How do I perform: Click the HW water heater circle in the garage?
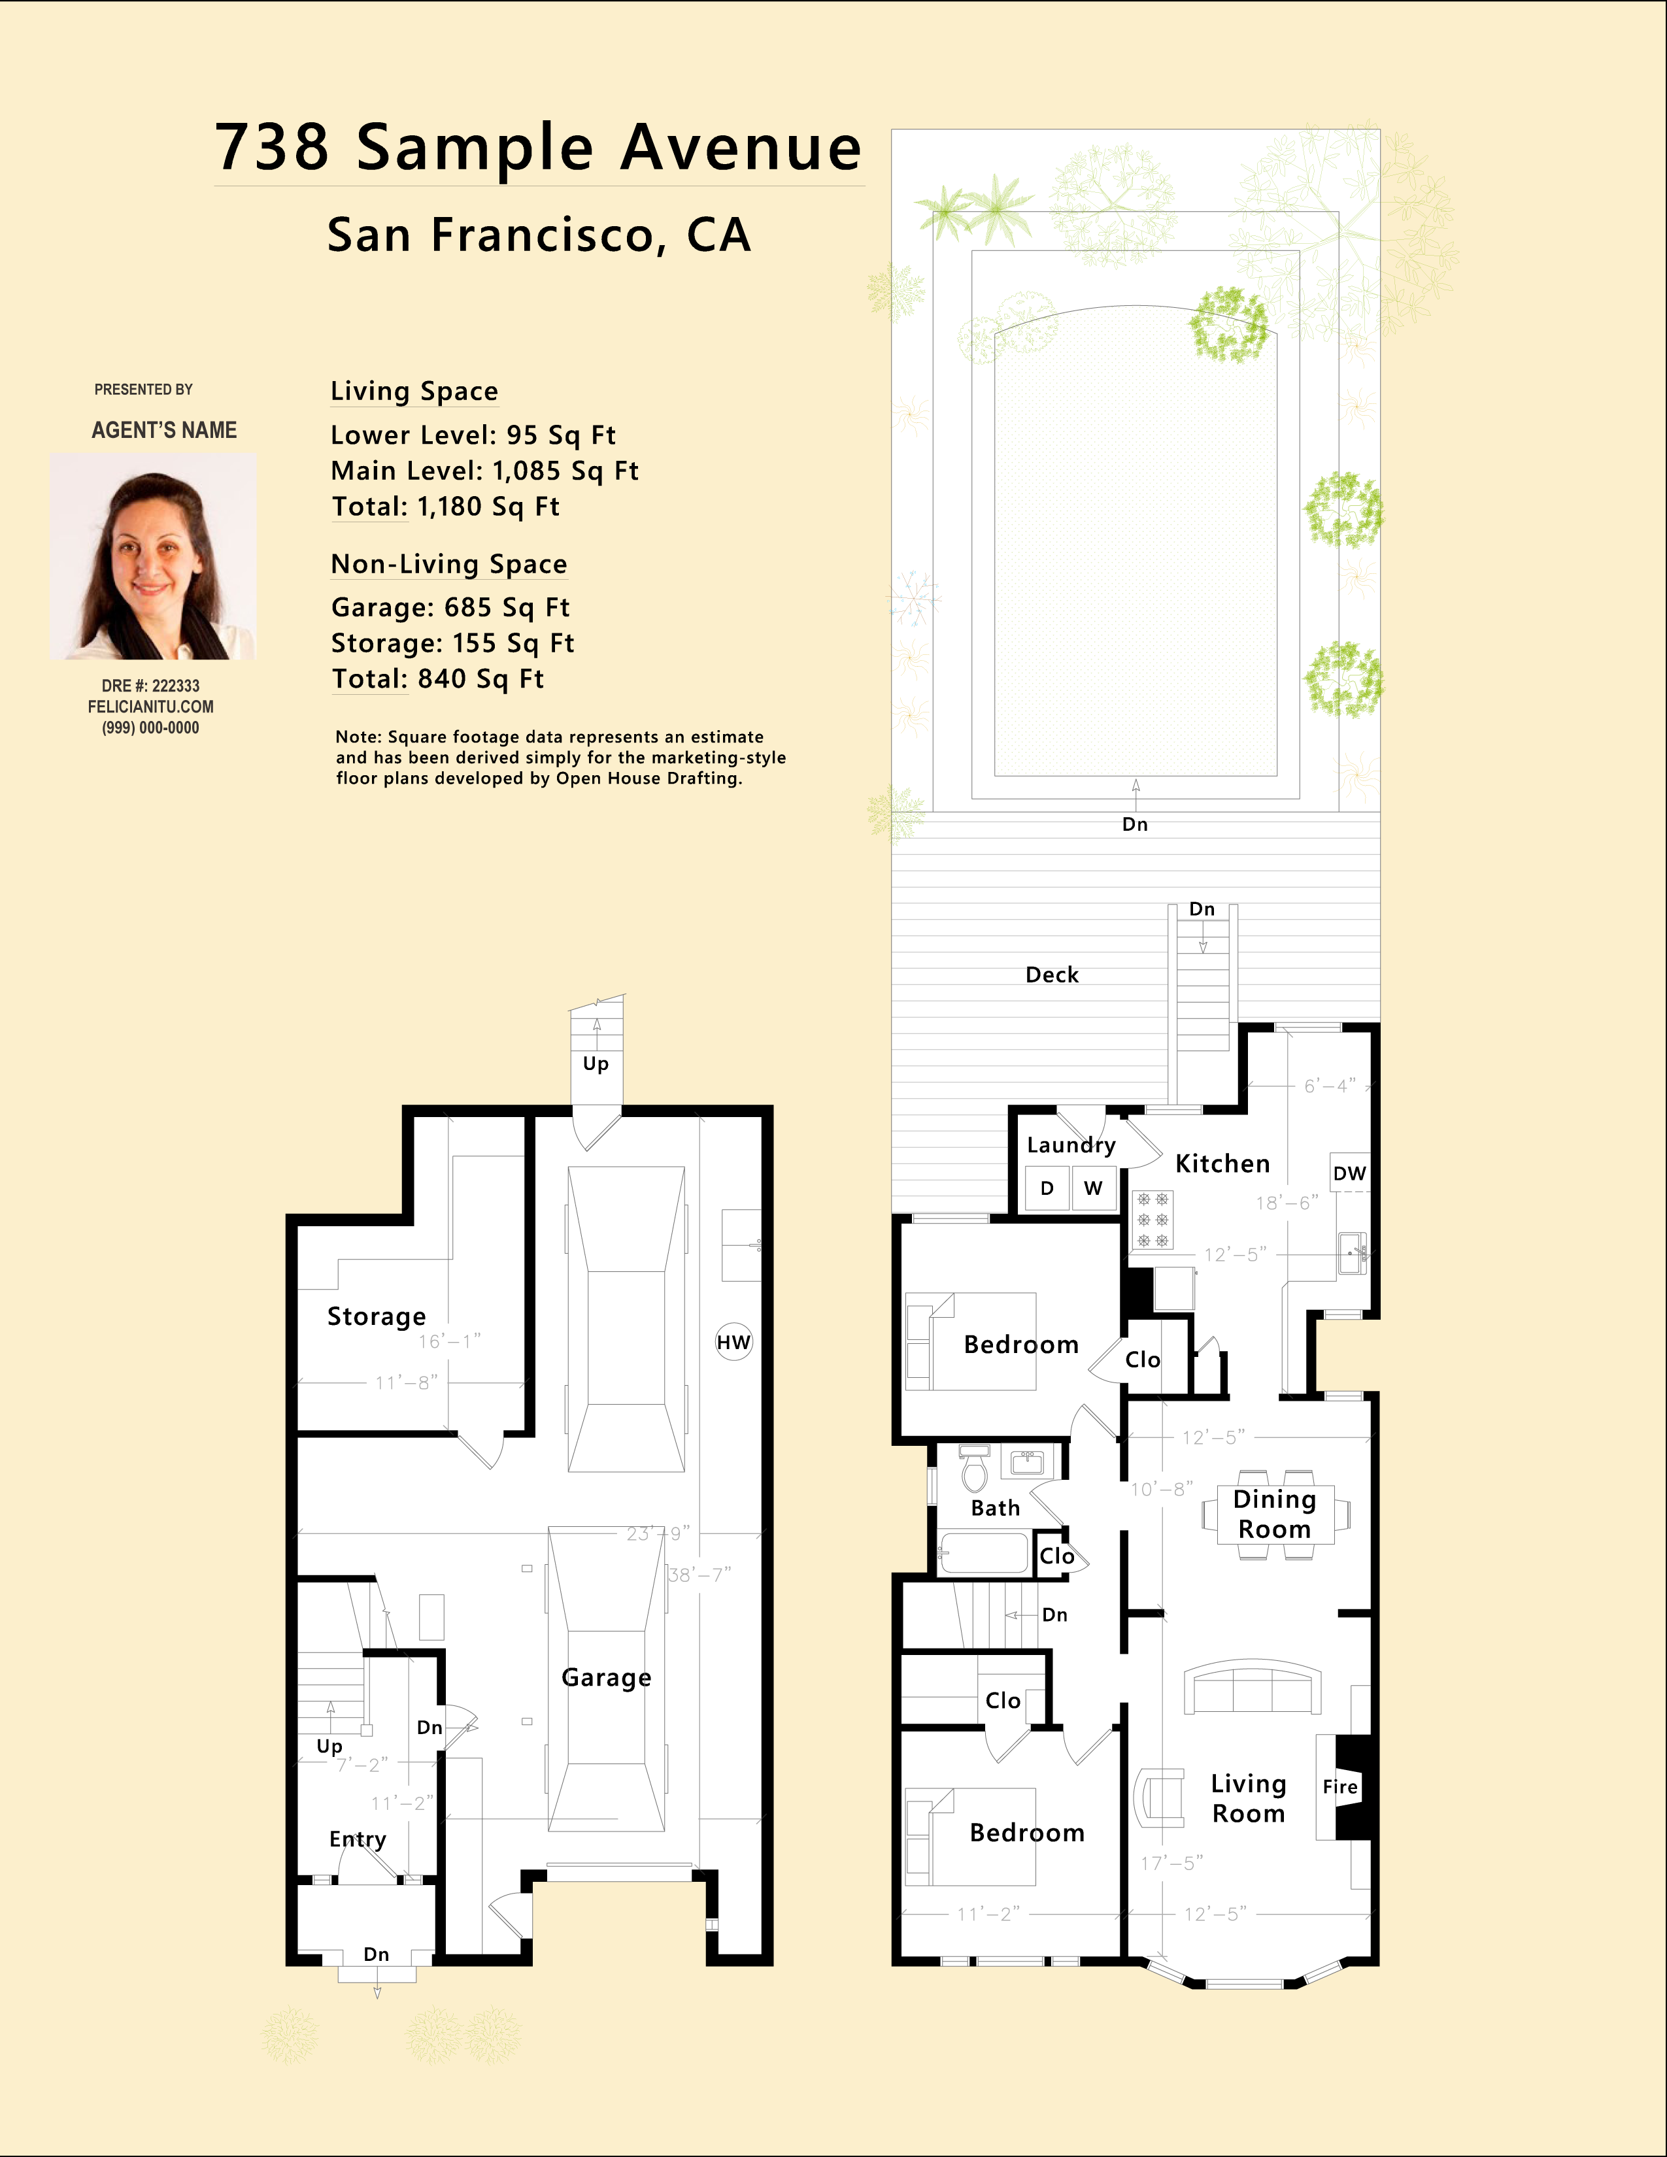pyautogui.click(x=733, y=1342)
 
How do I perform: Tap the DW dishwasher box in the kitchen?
pyautogui.click(x=1349, y=1173)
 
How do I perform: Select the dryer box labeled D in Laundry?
pyautogui.click(x=1047, y=1188)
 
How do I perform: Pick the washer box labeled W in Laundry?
pyautogui.click(x=1093, y=1188)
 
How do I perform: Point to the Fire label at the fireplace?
pyautogui.click(x=1340, y=1786)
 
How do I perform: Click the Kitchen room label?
pyautogui.click(x=1222, y=1163)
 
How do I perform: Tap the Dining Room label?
pyautogui.click(x=1274, y=1514)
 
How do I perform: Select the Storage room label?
pyautogui.click(x=377, y=1316)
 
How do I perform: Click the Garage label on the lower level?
pyautogui.click(x=607, y=1678)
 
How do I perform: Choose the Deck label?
pyautogui.click(x=1052, y=975)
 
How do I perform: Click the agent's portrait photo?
pyautogui.click(x=153, y=556)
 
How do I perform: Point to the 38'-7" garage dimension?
pyautogui.click(x=699, y=1575)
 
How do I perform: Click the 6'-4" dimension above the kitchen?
pyautogui.click(x=1329, y=1086)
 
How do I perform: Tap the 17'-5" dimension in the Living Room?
pyautogui.click(x=1172, y=1863)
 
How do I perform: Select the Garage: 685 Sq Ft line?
pyautogui.click(x=450, y=607)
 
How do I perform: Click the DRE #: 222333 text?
pyautogui.click(x=150, y=686)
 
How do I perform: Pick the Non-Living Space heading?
pyautogui.click(x=449, y=564)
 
